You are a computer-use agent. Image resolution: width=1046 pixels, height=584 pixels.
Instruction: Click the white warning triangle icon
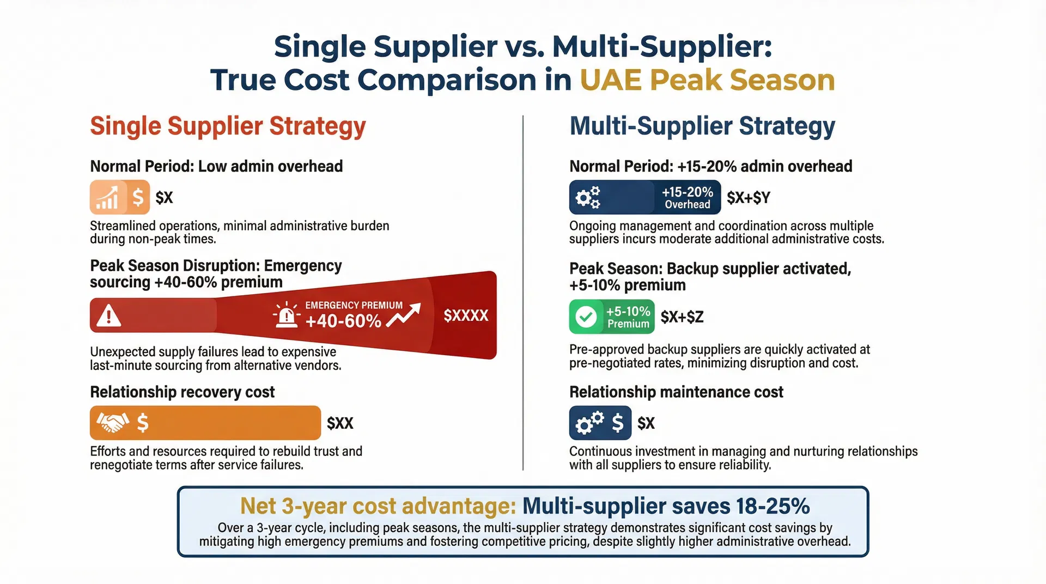click(x=109, y=315)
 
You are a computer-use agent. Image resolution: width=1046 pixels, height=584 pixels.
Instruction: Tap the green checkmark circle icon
click(x=586, y=317)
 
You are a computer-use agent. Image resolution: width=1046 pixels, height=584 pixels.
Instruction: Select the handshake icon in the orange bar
click(x=112, y=422)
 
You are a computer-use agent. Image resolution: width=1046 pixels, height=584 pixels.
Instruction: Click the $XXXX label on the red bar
click(x=466, y=315)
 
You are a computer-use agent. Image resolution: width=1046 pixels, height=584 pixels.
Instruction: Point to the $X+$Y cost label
click(x=748, y=197)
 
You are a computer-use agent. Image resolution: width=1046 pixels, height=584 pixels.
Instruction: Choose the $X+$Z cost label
click(x=682, y=317)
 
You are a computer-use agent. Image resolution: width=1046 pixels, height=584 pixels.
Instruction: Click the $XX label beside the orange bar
click(x=340, y=423)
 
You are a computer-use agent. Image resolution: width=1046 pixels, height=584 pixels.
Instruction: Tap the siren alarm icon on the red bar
click(x=286, y=315)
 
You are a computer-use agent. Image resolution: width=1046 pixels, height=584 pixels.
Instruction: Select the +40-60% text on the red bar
click(x=343, y=321)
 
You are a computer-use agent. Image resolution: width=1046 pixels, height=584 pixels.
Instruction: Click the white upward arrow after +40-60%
click(x=404, y=315)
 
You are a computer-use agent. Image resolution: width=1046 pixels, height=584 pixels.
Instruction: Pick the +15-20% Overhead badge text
click(x=687, y=197)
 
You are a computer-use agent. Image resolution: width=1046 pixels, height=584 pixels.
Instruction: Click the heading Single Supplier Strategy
click(x=228, y=126)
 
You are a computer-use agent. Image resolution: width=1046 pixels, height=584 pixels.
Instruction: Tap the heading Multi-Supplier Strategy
click(x=702, y=126)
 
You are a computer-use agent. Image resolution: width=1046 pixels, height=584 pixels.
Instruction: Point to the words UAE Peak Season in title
click(x=707, y=80)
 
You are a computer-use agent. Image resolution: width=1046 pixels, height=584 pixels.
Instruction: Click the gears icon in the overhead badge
click(x=588, y=197)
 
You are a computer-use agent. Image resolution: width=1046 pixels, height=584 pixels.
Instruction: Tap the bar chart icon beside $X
click(x=107, y=197)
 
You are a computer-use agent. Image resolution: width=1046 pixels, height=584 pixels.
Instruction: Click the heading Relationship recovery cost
click(x=182, y=392)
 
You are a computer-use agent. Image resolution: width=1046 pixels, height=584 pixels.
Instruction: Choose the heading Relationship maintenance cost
click(x=676, y=392)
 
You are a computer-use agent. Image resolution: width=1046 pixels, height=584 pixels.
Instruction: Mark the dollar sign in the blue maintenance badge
click(x=617, y=422)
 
